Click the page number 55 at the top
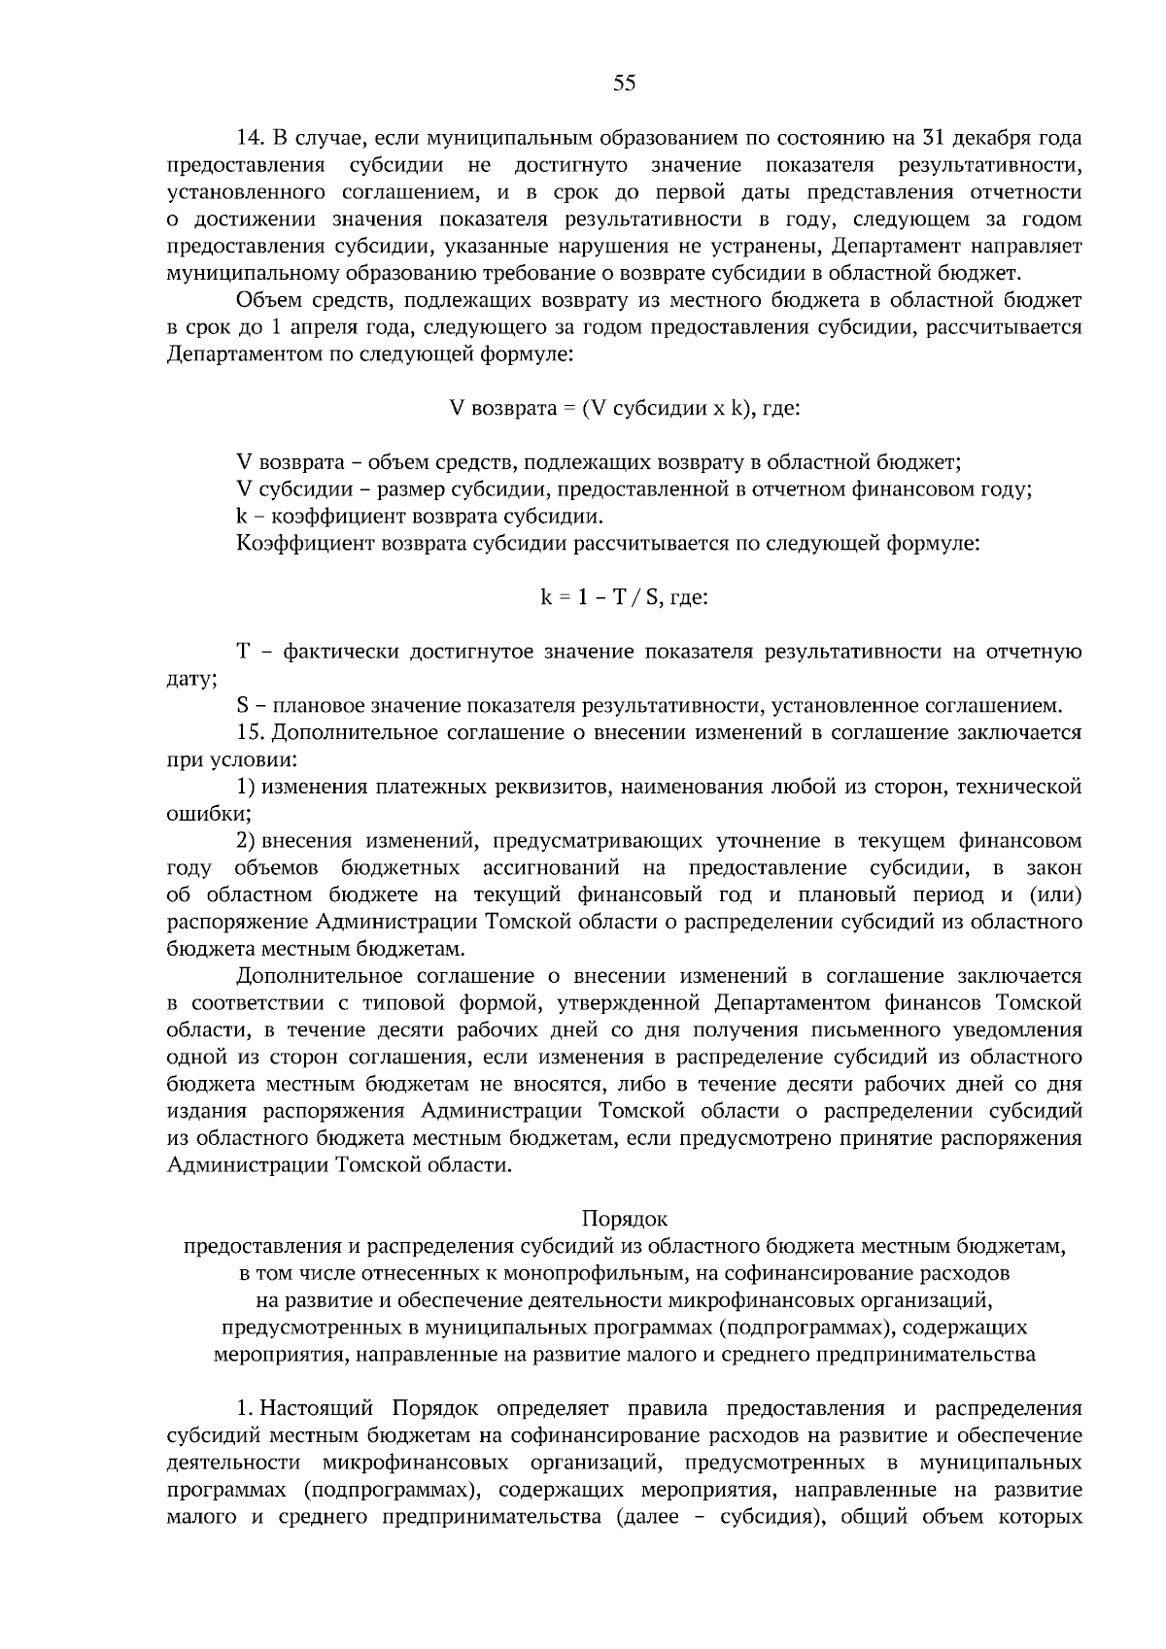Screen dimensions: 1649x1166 point(624,84)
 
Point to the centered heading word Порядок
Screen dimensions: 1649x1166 point(624,1218)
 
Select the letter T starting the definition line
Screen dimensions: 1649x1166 point(243,652)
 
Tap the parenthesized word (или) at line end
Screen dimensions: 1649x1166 point(1054,894)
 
